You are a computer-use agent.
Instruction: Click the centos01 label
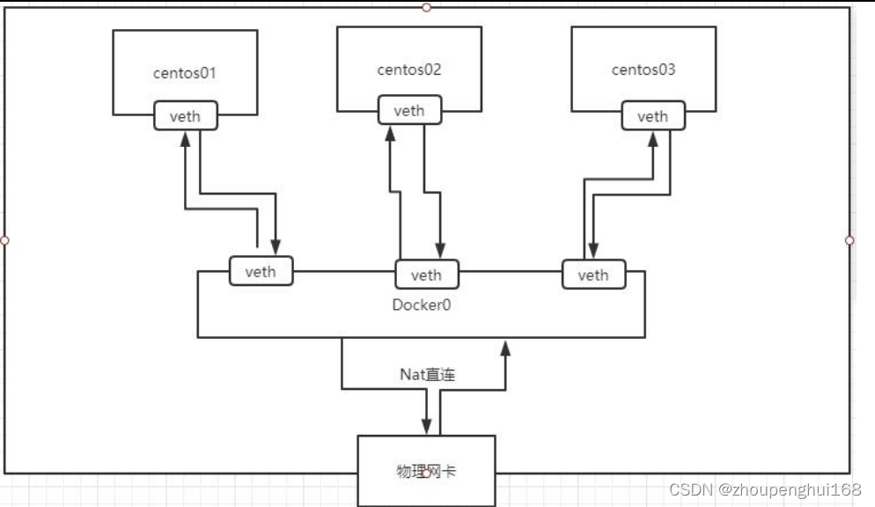click(185, 73)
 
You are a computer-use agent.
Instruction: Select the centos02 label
click(409, 70)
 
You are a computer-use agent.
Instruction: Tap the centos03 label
click(643, 70)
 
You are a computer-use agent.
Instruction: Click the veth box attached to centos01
click(186, 117)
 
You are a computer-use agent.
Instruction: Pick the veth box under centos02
click(409, 111)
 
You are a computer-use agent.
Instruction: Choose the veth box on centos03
click(652, 116)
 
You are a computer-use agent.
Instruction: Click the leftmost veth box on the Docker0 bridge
click(261, 271)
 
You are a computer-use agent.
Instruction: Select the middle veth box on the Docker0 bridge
click(426, 275)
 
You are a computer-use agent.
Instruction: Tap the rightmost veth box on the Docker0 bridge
click(592, 275)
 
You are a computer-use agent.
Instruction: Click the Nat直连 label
click(427, 375)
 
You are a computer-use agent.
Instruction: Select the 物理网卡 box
click(426, 471)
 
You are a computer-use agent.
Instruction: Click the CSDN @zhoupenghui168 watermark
click(765, 490)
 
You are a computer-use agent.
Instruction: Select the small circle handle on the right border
click(849, 239)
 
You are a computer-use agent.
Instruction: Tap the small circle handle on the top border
click(426, 7)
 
